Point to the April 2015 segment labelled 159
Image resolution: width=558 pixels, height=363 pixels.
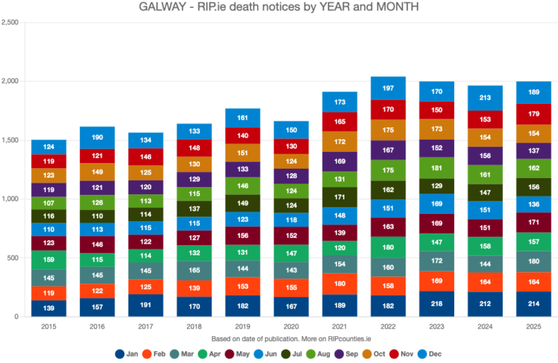(x=49, y=259)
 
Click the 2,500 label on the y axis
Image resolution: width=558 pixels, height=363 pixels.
(x=9, y=22)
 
